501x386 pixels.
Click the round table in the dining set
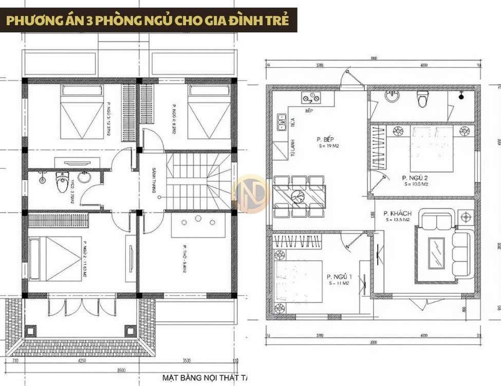[x=298, y=196]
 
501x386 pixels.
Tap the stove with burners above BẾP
[x=311, y=98]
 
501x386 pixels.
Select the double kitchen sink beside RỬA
[x=281, y=122]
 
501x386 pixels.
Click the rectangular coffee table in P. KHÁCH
[x=437, y=253]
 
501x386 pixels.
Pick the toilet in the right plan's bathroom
[x=423, y=98]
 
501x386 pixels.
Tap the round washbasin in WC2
[x=84, y=178]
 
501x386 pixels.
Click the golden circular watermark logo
[x=250, y=194]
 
